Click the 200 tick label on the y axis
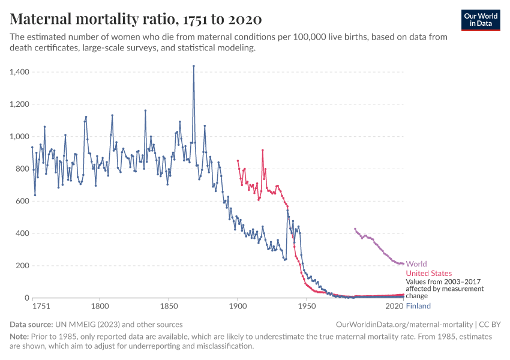tap(23, 266)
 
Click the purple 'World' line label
tap(416, 264)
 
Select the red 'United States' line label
tap(429, 274)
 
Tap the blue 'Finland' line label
tap(418, 306)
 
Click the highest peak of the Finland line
tap(193, 66)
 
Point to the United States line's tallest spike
tap(262, 150)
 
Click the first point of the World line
tap(355, 229)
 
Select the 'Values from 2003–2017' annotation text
tap(443, 281)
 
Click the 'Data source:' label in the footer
tap(31, 325)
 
